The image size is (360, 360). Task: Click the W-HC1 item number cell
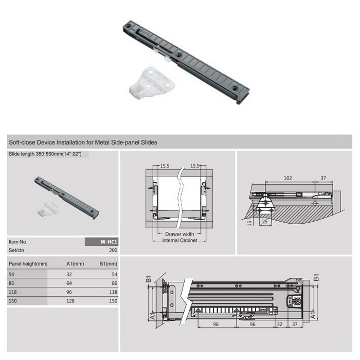(x=101, y=242)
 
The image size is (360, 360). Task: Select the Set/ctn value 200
(x=113, y=250)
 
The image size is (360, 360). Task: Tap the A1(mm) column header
(x=75, y=264)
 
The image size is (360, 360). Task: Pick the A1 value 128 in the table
(x=70, y=301)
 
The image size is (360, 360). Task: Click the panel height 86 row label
(x=11, y=283)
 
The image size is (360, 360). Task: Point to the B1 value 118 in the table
(x=113, y=292)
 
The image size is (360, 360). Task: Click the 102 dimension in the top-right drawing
(x=287, y=178)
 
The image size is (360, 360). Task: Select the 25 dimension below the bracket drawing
(x=265, y=222)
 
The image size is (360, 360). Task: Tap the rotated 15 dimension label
(x=249, y=223)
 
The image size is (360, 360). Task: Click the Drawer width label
(x=179, y=234)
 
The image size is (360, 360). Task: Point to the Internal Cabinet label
(x=179, y=240)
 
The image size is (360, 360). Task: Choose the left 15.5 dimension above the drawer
(x=165, y=166)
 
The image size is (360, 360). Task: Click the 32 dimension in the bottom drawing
(x=280, y=324)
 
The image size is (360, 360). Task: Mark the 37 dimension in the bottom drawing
(x=295, y=324)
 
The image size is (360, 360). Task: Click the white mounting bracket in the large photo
(x=152, y=83)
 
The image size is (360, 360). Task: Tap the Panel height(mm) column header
(x=28, y=264)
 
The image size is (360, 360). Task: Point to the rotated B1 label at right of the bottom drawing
(x=316, y=277)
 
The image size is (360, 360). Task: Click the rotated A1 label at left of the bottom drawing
(x=152, y=316)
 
